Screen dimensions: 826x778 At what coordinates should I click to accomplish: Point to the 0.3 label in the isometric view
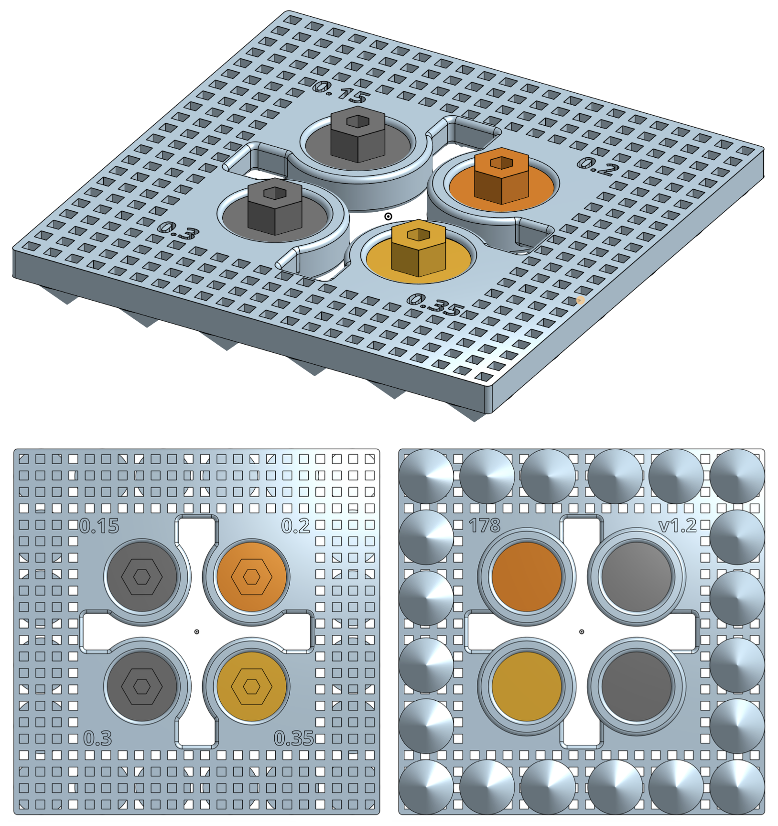coord(178,231)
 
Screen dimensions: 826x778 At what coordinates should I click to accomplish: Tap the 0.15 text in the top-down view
coord(99,526)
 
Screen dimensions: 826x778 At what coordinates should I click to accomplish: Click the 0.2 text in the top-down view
coord(295,526)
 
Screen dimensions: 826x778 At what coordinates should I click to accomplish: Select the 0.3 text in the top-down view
coord(97,739)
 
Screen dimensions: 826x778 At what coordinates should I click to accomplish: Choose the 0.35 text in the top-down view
coord(293,739)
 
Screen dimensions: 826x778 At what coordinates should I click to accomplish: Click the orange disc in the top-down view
coord(252,577)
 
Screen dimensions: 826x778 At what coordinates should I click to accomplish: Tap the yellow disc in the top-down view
coord(252,687)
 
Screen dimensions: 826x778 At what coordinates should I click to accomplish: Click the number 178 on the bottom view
coord(484,526)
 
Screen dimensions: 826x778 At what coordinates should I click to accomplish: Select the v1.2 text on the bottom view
coord(677,526)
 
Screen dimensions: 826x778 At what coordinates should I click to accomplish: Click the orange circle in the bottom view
coord(527,577)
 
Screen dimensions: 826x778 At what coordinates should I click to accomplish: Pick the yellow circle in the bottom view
coord(527,687)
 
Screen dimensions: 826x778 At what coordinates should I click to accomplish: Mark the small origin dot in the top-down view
coord(197,632)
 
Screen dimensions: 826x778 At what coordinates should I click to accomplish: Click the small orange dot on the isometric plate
coord(581,301)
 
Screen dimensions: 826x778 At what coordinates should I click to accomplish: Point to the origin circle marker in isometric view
coord(389,217)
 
